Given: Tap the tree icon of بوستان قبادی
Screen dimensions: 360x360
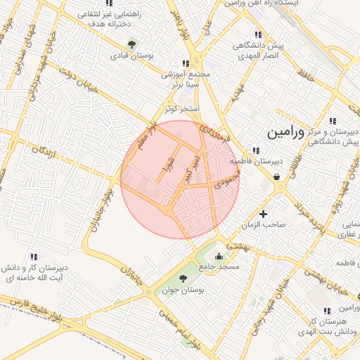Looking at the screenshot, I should (x=131, y=45).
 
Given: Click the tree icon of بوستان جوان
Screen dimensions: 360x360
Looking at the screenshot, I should (x=184, y=280).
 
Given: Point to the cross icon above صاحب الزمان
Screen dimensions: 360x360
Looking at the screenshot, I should (x=264, y=214).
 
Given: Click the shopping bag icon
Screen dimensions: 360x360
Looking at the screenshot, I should (x=278, y=178).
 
